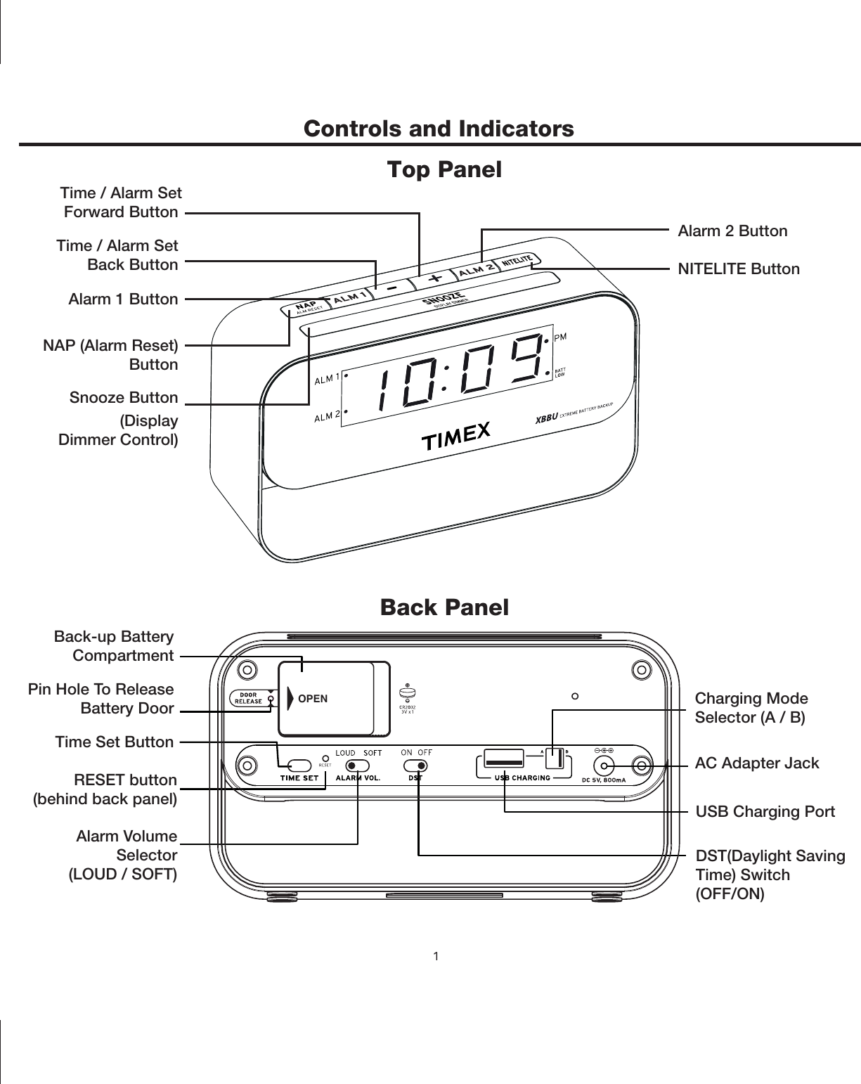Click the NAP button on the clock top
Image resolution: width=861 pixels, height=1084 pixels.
[304, 307]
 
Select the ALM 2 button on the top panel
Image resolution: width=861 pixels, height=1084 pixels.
[475, 270]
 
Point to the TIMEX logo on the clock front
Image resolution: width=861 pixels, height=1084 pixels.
[455, 437]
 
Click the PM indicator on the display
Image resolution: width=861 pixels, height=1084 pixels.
[561, 337]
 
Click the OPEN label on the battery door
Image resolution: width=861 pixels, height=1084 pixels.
[313, 699]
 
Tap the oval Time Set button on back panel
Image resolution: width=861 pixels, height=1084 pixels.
[299, 765]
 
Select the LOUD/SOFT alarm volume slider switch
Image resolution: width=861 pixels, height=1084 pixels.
[358, 765]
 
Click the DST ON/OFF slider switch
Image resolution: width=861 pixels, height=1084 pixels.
[416, 765]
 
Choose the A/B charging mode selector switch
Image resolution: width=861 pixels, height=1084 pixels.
[555, 760]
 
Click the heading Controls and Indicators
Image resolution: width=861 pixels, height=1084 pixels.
[439, 129]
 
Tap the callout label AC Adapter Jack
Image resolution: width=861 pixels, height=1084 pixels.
[757, 763]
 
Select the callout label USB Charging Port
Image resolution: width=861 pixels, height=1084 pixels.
[765, 812]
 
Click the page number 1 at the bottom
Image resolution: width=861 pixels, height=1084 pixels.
[436, 956]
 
